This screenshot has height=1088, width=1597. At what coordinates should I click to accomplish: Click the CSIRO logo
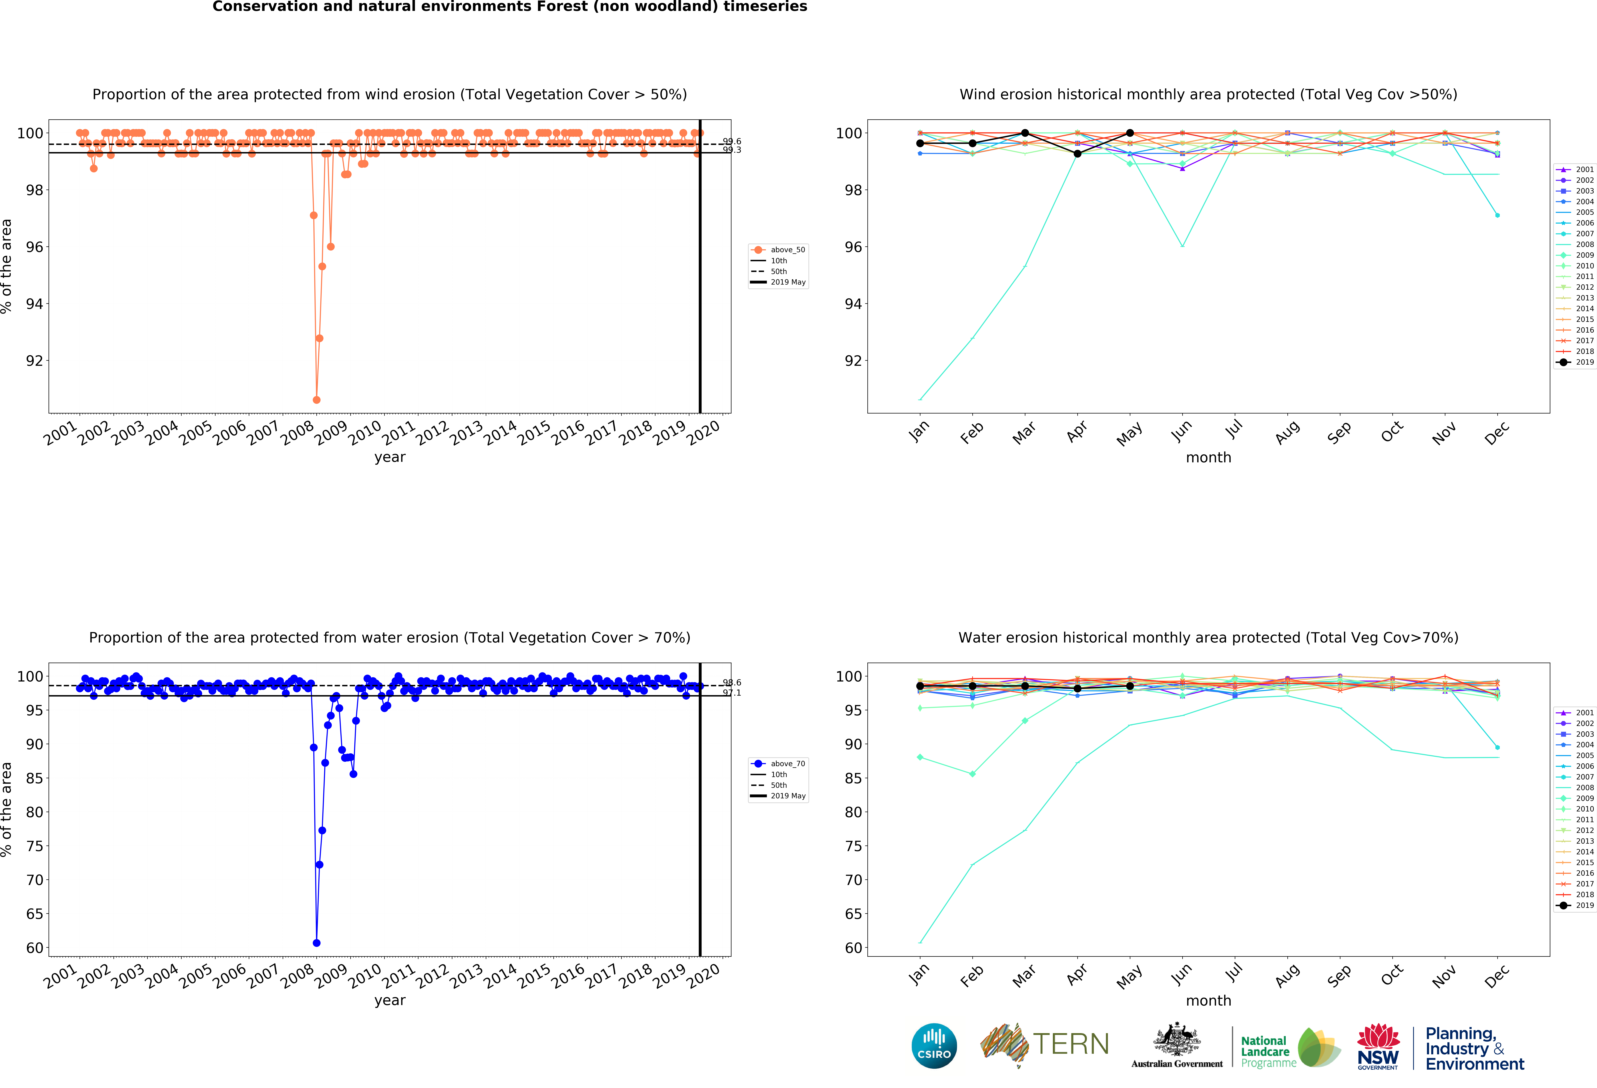point(934,1046)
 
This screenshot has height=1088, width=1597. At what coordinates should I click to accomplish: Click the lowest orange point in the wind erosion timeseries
point(316,400)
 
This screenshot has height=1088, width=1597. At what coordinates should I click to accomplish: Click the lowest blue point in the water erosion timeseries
point(316,943)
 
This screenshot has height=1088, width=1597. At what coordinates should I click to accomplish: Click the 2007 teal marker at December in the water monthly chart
point(1497,747)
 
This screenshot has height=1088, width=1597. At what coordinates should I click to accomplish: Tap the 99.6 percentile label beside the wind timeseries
point(732,142)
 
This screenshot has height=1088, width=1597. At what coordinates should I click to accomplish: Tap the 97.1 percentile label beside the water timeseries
point(732,693)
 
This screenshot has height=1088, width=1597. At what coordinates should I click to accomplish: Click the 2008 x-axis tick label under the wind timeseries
point(297,433)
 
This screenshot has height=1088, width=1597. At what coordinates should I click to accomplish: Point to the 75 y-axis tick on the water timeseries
point(34,846)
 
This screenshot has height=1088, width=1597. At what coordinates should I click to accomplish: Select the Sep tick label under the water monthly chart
point(1339,975)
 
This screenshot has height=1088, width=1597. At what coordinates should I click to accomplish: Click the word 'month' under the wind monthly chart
point(1208,457)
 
